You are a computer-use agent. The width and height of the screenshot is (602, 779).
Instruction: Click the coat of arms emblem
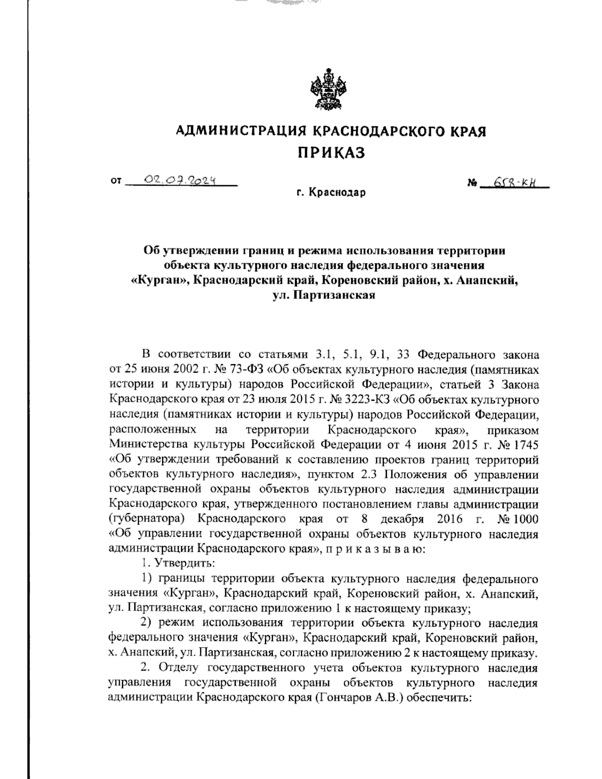(330, 91)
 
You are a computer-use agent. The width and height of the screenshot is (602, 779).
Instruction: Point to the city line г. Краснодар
(331, 193)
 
